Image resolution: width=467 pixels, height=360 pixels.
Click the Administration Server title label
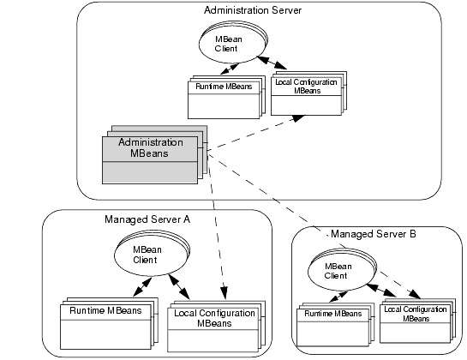(253, 10)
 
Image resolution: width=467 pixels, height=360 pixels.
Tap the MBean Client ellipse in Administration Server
(233, 42)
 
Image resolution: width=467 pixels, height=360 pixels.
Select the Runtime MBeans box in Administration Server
(226, 97)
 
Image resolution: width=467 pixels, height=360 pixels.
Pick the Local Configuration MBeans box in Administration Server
(308, 93)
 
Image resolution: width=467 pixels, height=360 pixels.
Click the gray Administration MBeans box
(154, 154)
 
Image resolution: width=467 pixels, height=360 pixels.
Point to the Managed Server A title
(147, 219)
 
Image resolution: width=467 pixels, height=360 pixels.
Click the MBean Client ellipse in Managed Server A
(152, 253)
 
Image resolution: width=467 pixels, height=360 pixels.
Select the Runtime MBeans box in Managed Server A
(109, 323)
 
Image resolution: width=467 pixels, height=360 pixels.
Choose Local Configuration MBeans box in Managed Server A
(216, 327)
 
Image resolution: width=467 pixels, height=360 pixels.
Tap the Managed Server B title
(374, 234)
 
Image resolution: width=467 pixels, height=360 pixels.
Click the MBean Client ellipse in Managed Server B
(342, 270)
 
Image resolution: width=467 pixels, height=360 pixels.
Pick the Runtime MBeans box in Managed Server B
(336, 325)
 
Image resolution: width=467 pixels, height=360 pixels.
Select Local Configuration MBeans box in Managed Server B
(417, 321)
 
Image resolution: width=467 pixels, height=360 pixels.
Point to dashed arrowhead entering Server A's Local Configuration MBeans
(224, 293)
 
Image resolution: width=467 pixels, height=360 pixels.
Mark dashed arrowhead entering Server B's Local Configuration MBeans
(415, 294)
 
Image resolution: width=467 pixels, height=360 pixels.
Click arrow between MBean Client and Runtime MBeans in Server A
(142, 287)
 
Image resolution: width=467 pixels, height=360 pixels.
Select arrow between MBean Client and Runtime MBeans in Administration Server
(230, 69)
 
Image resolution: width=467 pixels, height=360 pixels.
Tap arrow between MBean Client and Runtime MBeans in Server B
(338, 297)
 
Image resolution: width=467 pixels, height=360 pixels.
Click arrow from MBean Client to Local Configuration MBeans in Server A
(179, 286)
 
